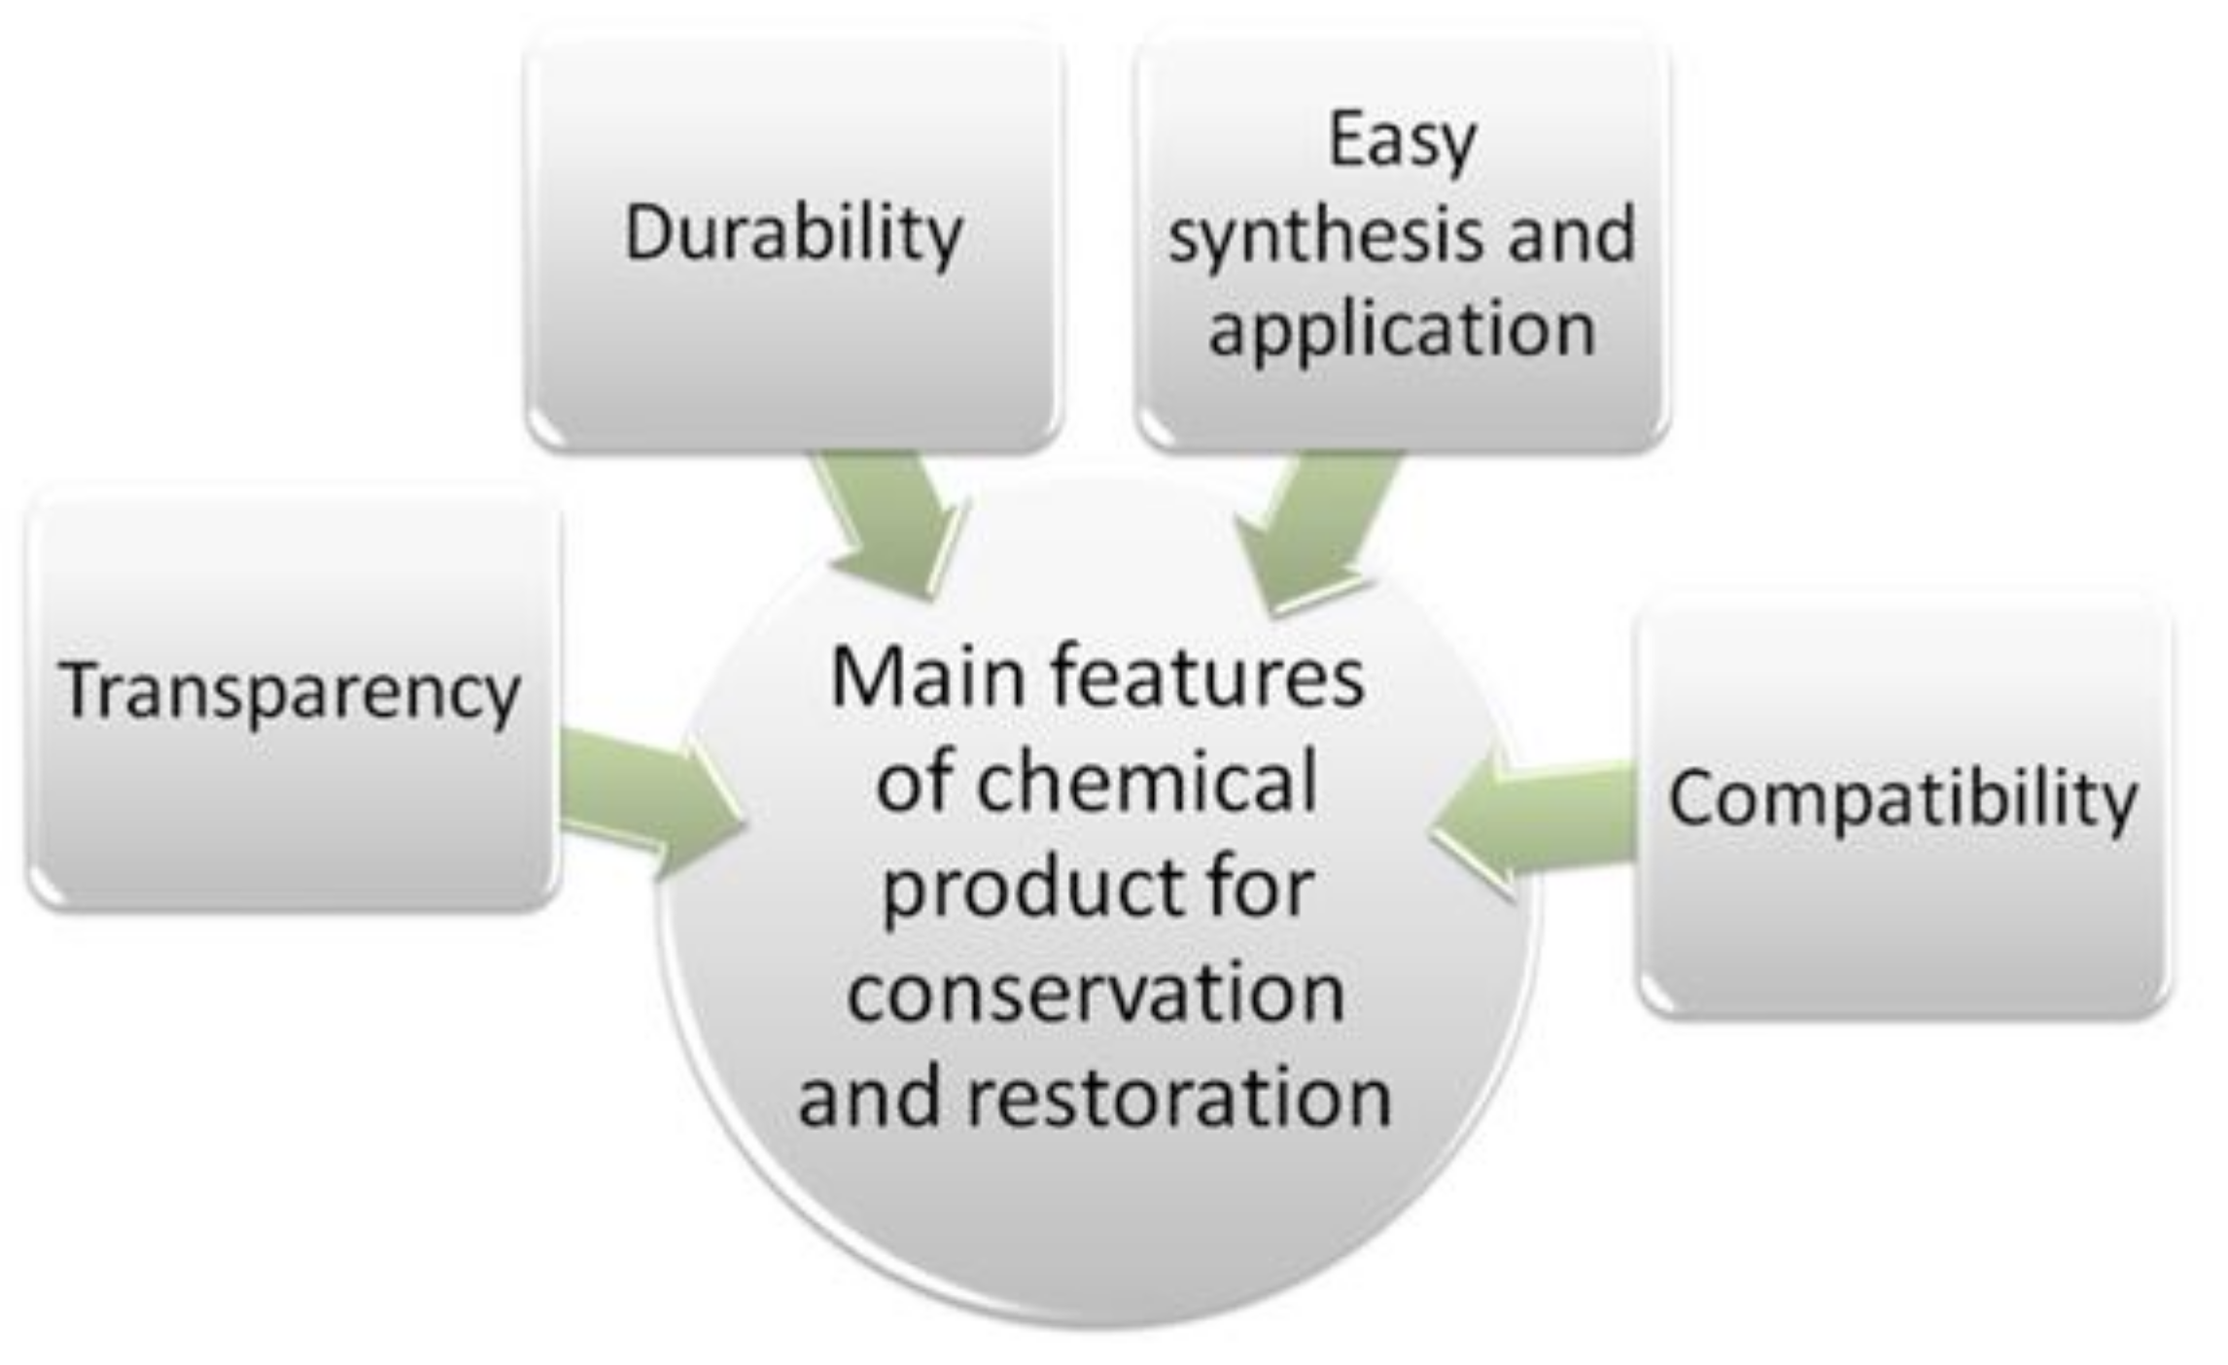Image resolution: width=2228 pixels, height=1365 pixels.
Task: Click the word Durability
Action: pyautogui.click(x=793, y=234)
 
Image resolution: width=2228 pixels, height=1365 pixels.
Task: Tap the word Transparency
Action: pyautogui.click(x=290, y=692)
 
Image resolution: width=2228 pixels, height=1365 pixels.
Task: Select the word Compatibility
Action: pyautogui.click(x=1902, y=799)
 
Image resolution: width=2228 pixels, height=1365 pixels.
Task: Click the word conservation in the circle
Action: pyautogui.click(x=1096, y=994)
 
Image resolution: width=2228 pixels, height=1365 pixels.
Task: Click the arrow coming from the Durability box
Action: pyautogui.click(x=892, y=520)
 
